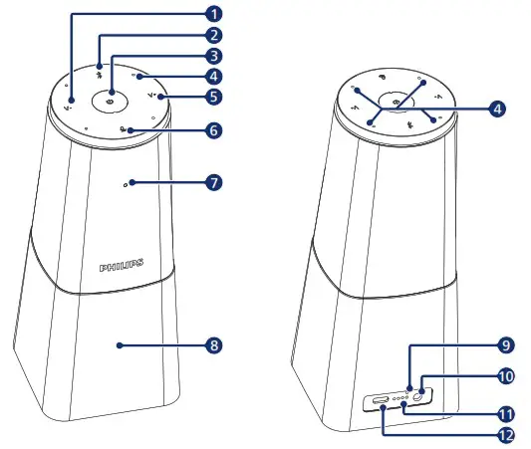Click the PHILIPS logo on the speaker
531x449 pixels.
tap(123, 266)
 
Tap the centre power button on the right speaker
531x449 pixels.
tap(397, 105)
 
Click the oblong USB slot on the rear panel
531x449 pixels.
tap(379, 404)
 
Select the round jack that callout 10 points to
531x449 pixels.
tap(418, 394)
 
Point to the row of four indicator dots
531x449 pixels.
tap(400, 398)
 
